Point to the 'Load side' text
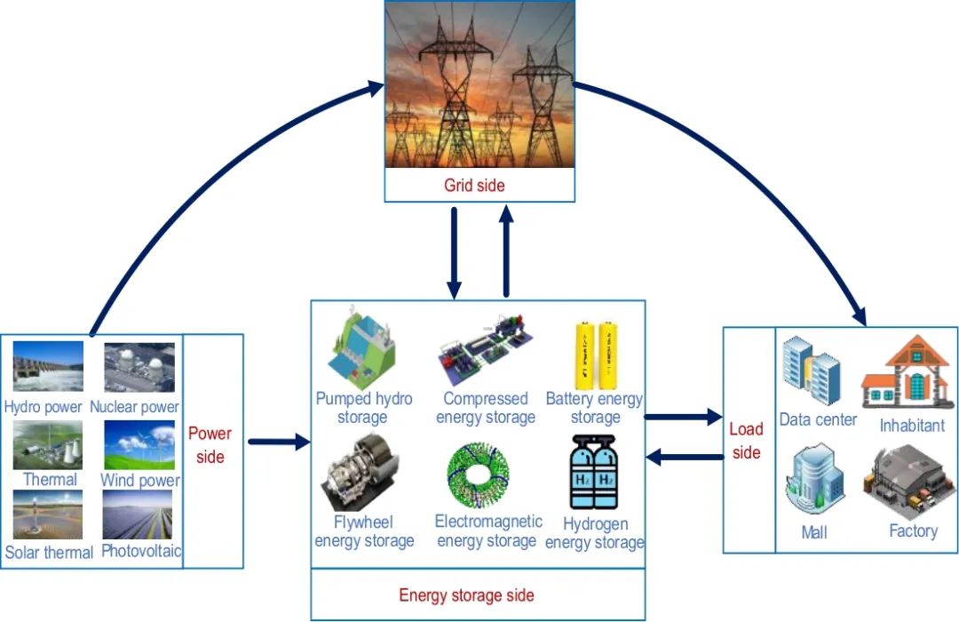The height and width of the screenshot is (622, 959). tap(746, 441)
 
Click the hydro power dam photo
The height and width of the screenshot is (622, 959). tap(48, 367)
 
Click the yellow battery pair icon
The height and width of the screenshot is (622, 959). tap(597, 355)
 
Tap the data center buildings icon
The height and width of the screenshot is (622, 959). tap(812, 371)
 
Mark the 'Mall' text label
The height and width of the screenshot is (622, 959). tap(813, 532)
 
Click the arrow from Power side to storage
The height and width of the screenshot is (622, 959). tap(278, 442)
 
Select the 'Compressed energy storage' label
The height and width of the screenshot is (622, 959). tap(486, 408)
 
